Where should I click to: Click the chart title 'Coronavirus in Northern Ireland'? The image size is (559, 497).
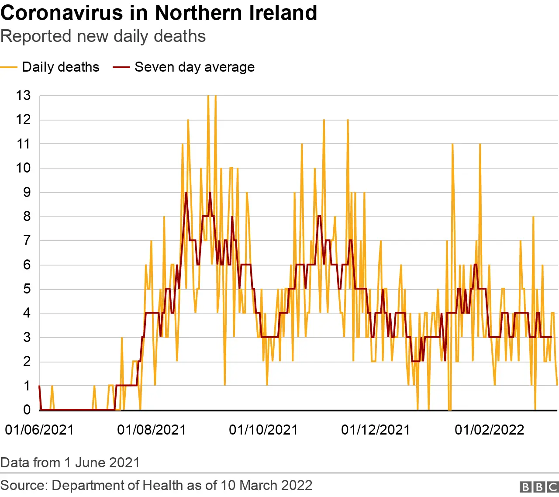click(x=159, y=13)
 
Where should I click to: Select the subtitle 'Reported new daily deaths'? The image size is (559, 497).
click(x=103, y=36)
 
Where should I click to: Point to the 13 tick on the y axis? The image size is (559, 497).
click(x=24, y=95)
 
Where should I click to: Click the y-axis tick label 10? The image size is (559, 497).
click(x=24, y=168)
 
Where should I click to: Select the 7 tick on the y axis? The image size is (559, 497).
click(x=27, y=240)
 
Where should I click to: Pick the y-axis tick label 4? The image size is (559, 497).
click(x=27, y=313)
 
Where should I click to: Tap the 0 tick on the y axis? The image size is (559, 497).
click(x=27, y=410)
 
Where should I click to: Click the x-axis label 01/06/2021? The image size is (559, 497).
click(x=39, y=430)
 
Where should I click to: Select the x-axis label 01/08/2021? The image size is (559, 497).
click(x=152, y=430)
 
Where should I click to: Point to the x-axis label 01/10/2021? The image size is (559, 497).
click(x=263, y=430)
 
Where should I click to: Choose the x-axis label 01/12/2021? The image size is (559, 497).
click(x=376, y=430)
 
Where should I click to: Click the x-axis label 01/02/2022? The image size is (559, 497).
click(x=489, y=430)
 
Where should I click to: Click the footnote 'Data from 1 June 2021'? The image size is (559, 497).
click(x=70, y=462)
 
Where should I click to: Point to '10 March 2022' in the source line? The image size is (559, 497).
click(x=266, y=485)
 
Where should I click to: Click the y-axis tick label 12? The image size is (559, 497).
click(x=24, y=119)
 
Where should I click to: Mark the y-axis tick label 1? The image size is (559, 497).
click(x=27, y=386)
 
